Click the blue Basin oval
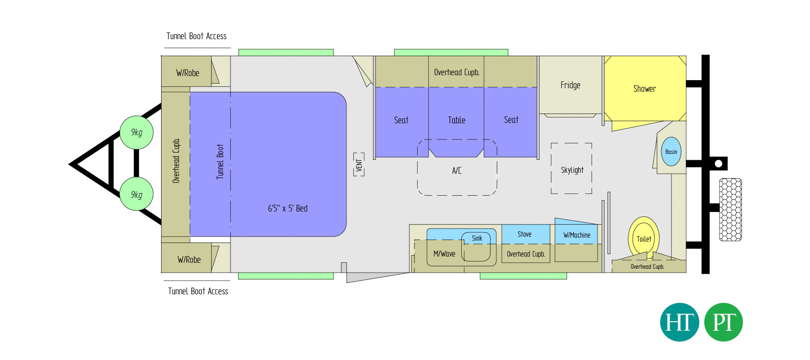coord(671,152)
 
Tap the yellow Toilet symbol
coord(643,238)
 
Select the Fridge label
coord(570,85)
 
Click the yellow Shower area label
coord(644,89)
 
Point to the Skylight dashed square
coord(571,168)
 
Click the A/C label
coord(457,171)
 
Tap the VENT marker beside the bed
coord(359,165)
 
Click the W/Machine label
coord(577,235)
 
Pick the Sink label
coord(477,238)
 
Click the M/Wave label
coord(444,254)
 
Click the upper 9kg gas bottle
coord(137,132)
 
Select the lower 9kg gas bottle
coord(137,194)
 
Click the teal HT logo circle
coord(679,322)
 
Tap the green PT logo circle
coord(723,322)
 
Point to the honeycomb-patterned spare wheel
coord(730,210)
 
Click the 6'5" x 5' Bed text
coord(288,208)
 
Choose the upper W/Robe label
coord(188,73)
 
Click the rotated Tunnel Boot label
coord(220,162)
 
